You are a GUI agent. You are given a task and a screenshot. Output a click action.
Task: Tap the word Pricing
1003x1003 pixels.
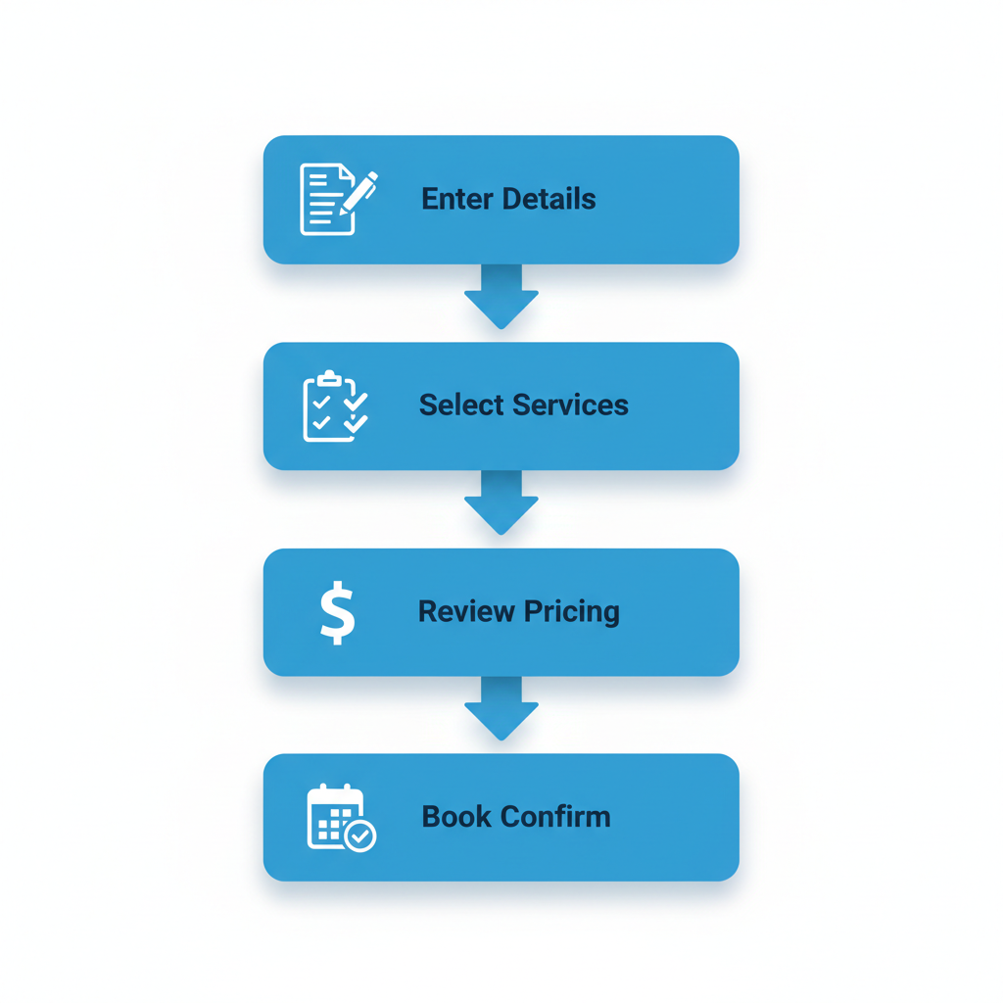coord(570,612)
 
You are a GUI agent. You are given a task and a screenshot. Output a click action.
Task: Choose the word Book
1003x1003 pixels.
coord(456,817)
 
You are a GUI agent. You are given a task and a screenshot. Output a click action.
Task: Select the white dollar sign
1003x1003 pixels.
coord(338,612)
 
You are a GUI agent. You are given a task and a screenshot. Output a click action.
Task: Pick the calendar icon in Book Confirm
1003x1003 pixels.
coord(339,817)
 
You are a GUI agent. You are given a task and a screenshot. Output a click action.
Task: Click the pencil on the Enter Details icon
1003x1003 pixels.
coord(359,192)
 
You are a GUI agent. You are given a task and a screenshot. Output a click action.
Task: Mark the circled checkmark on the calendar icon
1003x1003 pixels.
coord(361,836)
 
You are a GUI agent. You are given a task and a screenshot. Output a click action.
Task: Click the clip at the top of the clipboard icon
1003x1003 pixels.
coord(329,376)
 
